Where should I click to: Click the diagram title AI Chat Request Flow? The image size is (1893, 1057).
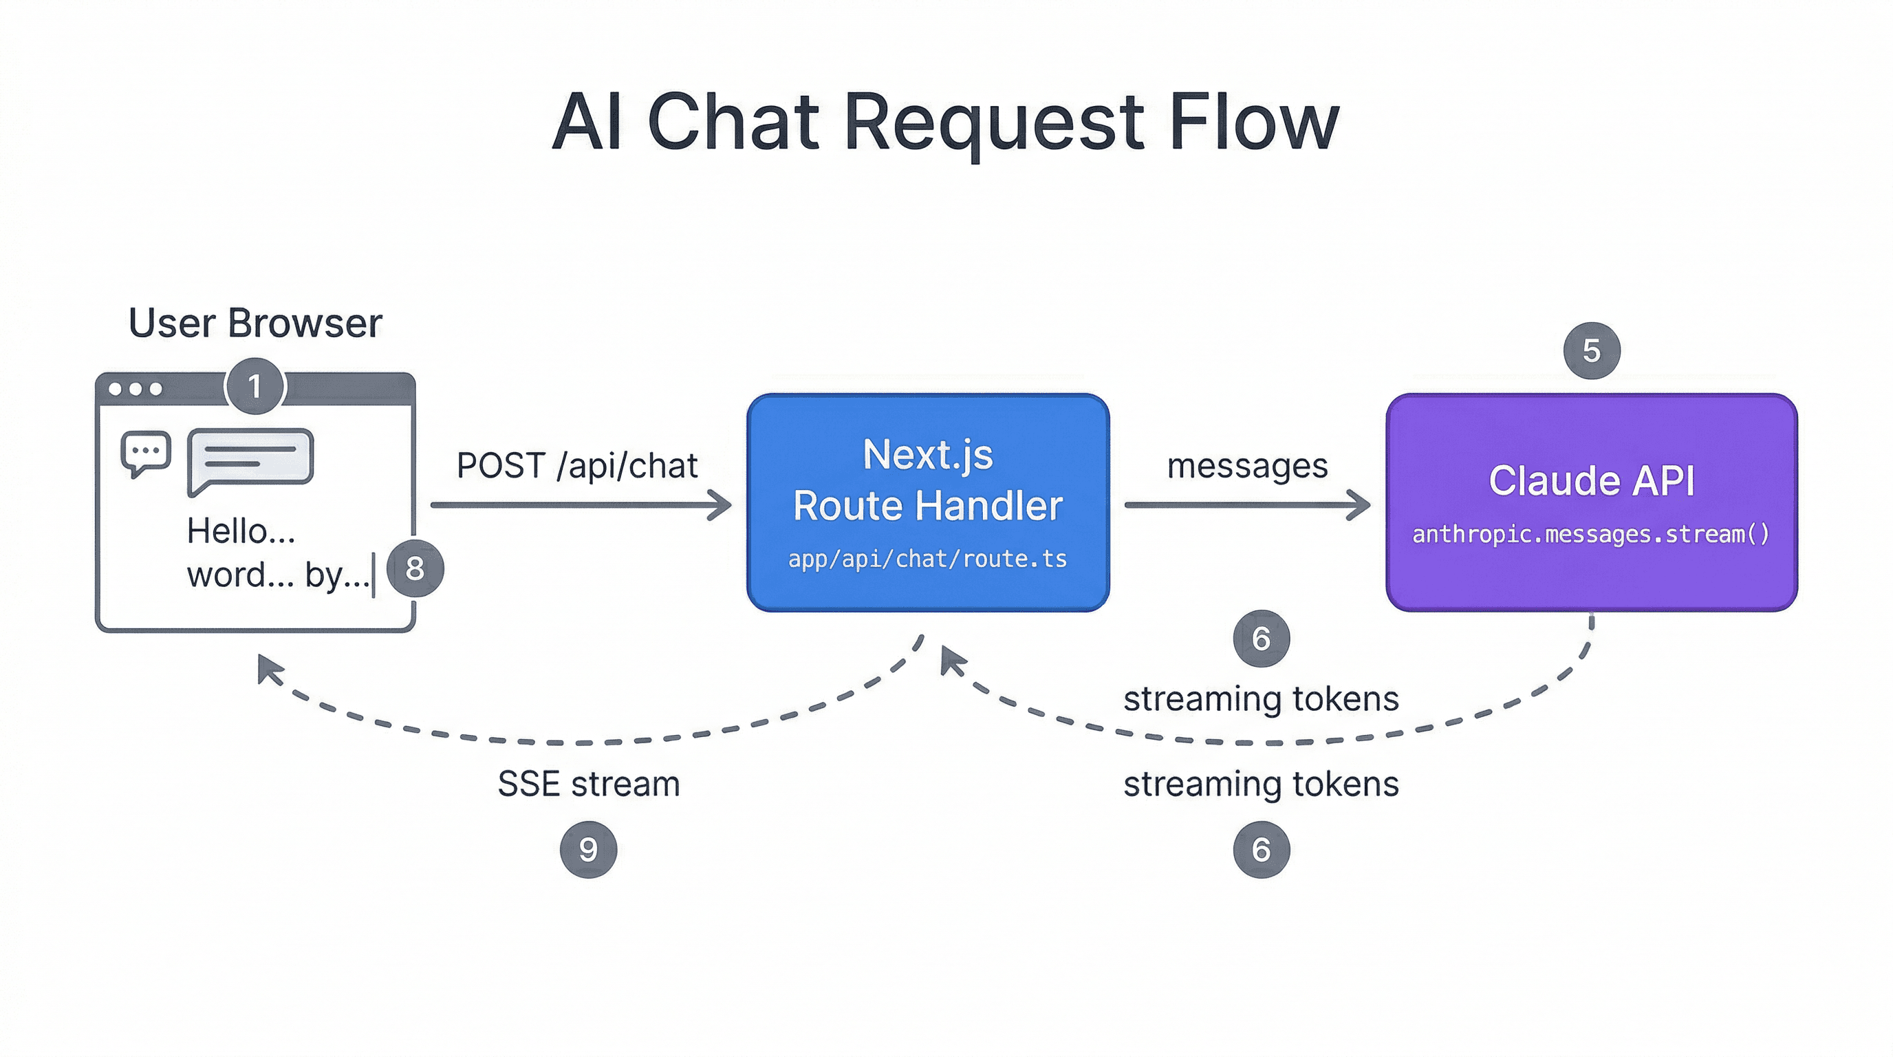[946, 122]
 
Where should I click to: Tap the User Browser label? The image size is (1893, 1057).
[255, 323]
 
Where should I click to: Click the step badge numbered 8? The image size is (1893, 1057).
[415, 568]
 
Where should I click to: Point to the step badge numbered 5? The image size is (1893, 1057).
[1591, 351]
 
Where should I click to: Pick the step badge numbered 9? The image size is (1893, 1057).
[588, 850]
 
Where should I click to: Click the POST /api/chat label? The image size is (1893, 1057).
[577, 466]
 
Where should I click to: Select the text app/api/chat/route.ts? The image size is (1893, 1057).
[927, 559]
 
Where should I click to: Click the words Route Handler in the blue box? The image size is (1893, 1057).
[927, 506]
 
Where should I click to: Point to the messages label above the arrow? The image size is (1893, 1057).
[1247, 466]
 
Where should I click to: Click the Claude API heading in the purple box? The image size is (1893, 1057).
[1591, 481]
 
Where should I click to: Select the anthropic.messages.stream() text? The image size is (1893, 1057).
[1591, 533]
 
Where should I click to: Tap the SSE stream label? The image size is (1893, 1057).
[589, 784]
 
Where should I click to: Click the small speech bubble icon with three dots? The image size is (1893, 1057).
[146, 452]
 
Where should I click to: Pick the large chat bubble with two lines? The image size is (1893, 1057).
[250, 458]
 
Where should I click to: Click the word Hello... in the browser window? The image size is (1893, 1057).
[241, 531]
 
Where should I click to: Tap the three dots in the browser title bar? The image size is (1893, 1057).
[136, 389]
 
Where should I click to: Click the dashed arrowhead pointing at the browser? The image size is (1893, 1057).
[268, 667]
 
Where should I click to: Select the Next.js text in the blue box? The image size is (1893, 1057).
[927, 454]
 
